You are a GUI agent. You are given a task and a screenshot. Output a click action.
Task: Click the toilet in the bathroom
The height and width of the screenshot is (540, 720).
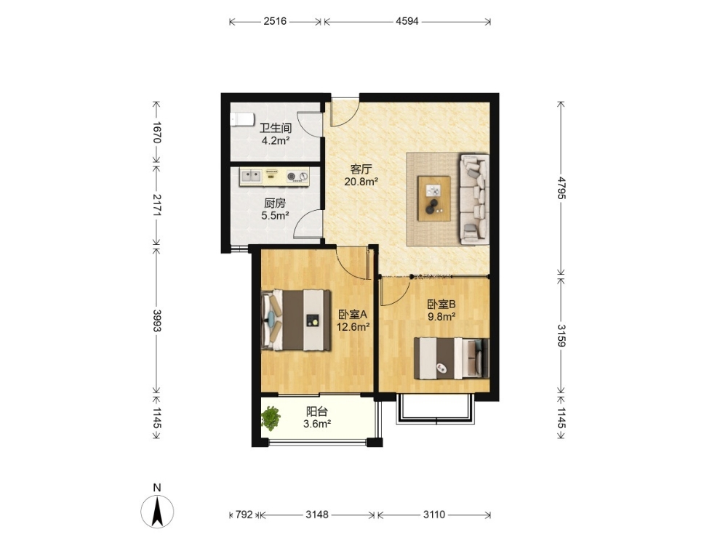[x=242, y=120]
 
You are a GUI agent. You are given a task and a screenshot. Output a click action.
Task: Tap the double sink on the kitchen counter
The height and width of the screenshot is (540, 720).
[x=251, y=175]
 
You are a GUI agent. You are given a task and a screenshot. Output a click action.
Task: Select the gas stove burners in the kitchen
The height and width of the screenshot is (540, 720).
[x=297, y=176]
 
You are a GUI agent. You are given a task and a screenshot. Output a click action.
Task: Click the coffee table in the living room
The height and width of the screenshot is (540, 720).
[x=433, y=198]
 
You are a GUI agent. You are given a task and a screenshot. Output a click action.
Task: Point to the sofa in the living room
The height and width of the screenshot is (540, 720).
[x=474, y=198]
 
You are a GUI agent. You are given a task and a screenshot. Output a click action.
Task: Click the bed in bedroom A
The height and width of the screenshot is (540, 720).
[x=296, y=321]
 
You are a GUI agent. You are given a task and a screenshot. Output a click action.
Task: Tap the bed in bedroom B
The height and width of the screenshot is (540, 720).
[x=452, y=358]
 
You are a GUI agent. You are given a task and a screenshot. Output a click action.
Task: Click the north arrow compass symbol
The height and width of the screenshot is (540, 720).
[x=157, y=512]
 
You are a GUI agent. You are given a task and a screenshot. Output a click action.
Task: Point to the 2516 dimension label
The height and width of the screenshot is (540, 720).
[x=275, y=21]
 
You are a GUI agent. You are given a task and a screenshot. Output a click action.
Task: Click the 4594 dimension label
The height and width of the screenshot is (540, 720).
[x=407, y=21]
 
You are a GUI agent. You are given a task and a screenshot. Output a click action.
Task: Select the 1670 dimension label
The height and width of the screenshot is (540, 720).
[x=156, y=132]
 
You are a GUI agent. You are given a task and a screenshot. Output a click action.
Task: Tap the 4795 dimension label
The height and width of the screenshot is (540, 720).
[x=561, y=188]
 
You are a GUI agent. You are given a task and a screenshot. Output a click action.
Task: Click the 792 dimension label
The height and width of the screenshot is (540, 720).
[x=244, y=515]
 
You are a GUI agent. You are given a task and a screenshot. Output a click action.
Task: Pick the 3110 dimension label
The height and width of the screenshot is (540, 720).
[x=434, y=515]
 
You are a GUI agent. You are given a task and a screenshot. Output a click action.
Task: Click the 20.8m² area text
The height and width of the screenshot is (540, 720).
[x=361, y=181]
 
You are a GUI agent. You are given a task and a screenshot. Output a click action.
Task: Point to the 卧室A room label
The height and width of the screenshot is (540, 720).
[x=353, y=315]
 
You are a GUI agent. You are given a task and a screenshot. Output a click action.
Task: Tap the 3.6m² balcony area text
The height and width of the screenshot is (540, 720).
[x=317, y=424]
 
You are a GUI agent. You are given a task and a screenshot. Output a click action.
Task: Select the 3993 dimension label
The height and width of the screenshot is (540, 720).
[x=156, y=321]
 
